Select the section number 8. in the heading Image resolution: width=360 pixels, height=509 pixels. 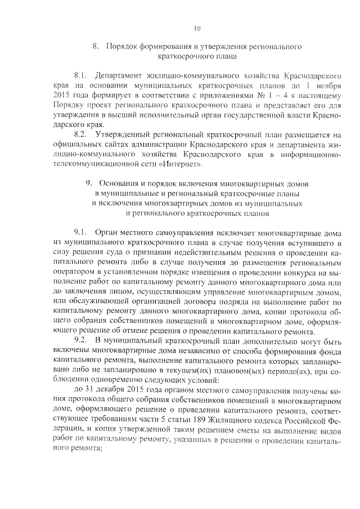(x=95, y=47)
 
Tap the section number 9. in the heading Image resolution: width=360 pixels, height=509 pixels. (x=89, y=184)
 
